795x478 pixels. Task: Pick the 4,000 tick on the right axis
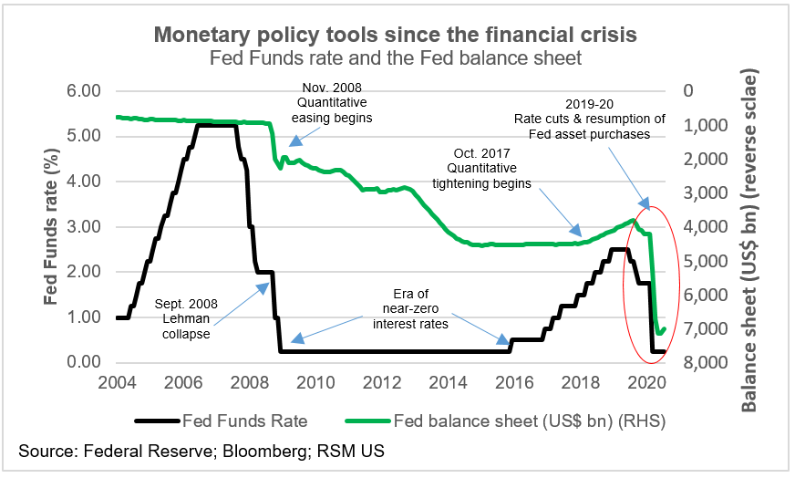click(x=705, y=227)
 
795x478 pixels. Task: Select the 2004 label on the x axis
click(x=119, y=382)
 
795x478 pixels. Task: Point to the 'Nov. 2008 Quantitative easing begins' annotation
click(x=332, y=103)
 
